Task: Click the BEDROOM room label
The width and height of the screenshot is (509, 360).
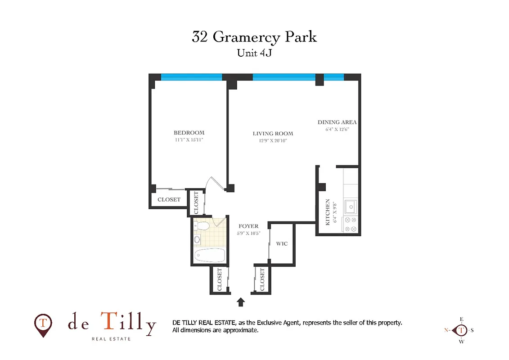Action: pyautogui.click(x=189, y=133)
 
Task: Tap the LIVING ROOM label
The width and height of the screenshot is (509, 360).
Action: pyautogui.click(x=273, y=134)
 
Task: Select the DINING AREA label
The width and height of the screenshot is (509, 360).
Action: pyautogui.click(x=337, y=122)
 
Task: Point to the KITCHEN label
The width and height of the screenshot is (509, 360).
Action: pyautogui.click(x=328, y=212)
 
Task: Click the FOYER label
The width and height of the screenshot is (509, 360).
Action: pyautogui.click(x=248, y=226)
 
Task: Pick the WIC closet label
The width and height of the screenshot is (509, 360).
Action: pyautogui.click(x=282, y=244)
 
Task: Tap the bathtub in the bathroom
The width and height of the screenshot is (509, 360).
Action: pyautogui.click(x=210, y=255)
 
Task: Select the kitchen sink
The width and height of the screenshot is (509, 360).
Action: pyautogui.click(x=351, y=207)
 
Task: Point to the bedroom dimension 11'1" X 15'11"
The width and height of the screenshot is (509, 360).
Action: pyautogui.click(x=189, y=140)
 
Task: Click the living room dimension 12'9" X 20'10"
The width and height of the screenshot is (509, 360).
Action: pyautogui.click(x=273, y=141)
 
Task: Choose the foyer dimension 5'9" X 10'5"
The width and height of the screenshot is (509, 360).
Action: pyautogui.click(x=248, y=234)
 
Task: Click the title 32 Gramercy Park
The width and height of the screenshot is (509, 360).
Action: pyautogui.click(x=254, y=37)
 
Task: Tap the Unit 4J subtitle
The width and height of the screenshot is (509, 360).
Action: pyautogui.click(x=254, y=53)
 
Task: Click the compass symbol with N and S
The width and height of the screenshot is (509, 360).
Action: pyautogui.click(x=462, y=330)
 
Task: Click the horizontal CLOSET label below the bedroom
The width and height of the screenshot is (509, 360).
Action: pyautogui.click(x=169, y=200)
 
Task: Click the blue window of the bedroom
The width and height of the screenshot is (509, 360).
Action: pyautogui.click(x=192, y=77)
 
